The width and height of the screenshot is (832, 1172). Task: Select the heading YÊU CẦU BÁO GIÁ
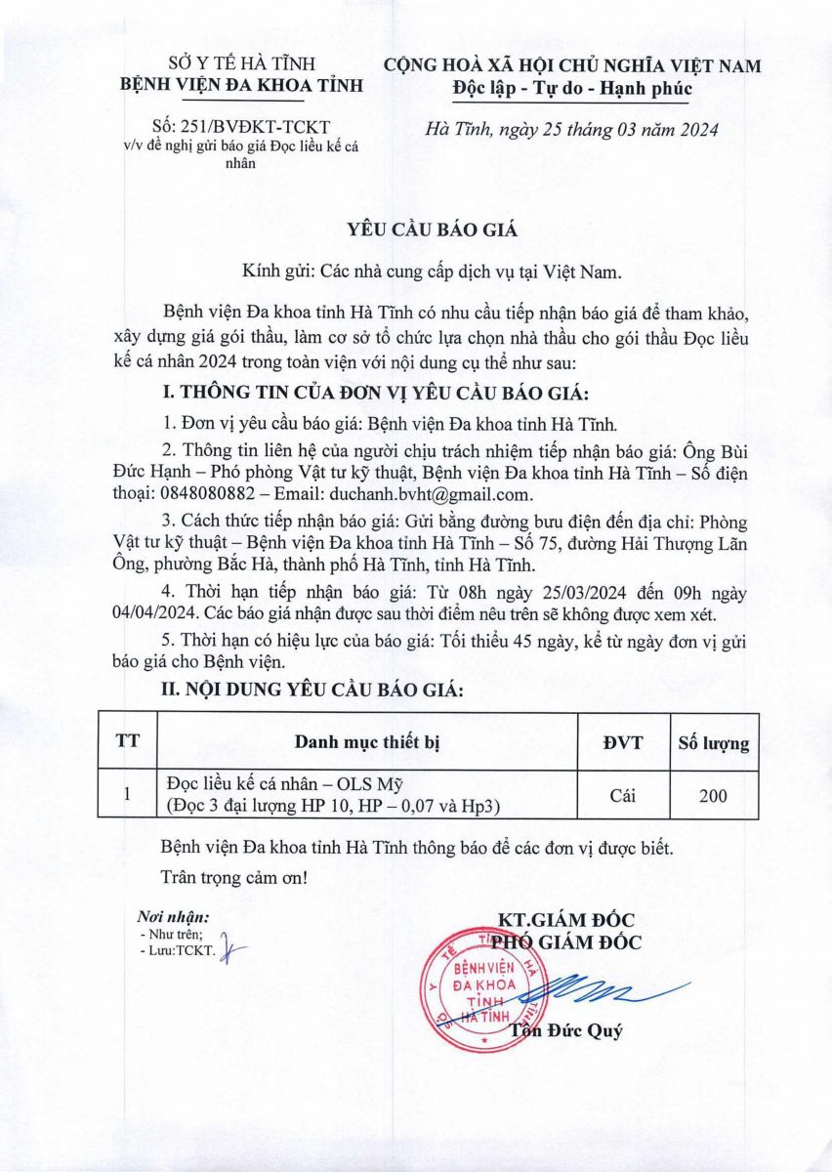coord(419,230)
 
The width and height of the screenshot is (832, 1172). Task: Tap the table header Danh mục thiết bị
coord(368,742)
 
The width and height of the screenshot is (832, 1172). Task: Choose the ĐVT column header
coord(622,742)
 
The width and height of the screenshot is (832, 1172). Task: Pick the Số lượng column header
coord(714,743)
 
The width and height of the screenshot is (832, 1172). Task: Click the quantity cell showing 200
coord(714,796)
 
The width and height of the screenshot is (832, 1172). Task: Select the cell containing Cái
coord(622,796)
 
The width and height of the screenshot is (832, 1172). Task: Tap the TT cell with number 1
coord(127,796)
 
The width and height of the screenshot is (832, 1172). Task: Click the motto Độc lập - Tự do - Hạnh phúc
coord(572,89)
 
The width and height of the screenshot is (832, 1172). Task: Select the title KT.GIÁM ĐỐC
coord(566,920)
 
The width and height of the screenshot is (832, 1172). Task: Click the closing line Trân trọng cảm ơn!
coord(233,877)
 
